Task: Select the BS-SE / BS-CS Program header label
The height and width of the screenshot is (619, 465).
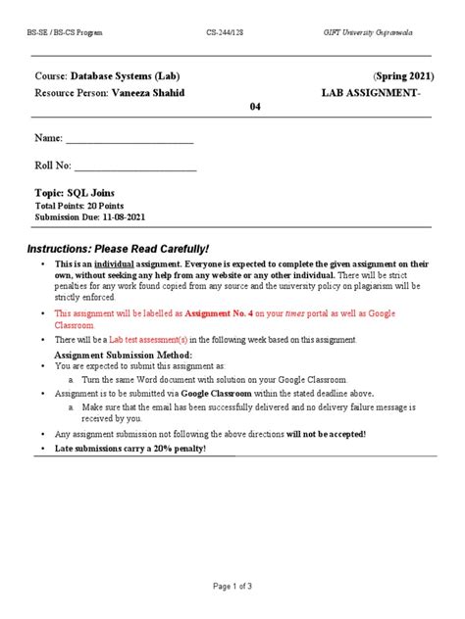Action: [65, 33]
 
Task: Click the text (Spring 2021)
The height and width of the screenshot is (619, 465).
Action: [402, 75]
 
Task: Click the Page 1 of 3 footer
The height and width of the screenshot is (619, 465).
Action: [232, 586]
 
